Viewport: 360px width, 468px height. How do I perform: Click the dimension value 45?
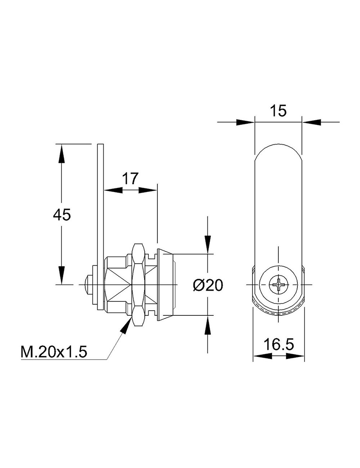point(62,215)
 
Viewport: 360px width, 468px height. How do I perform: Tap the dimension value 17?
point(130,178)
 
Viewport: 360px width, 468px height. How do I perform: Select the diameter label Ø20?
point(208,285)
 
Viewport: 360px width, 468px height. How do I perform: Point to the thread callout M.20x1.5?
point(54,352)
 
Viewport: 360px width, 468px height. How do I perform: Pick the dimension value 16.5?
point(279,345)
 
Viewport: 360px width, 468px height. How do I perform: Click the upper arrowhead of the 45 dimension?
point(62,154)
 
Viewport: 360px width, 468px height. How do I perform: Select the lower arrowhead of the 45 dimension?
point(62,275)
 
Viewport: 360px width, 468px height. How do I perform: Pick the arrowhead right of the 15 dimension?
point(311,122)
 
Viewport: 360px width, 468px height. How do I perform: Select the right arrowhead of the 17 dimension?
point(148,190)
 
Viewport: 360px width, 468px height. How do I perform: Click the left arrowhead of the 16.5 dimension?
point(262,356)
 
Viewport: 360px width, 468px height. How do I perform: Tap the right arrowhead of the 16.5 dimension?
point(295,356)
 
